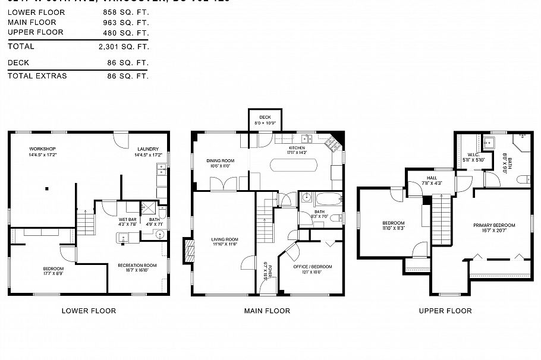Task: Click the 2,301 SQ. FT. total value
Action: point(124,46)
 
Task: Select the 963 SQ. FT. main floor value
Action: point(128,22)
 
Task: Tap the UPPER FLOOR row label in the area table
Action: point(35,32)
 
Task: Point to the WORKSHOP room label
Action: point(42,149)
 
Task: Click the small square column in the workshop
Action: point(46,189)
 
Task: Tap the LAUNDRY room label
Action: point(148,149)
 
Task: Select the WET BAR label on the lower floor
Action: point(128,219)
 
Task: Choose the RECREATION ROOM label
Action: point(137,265)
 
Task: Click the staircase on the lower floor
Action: point(87,225)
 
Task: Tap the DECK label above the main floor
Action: point(265,117)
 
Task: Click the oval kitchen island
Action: point(294,165)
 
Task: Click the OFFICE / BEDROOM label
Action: point(313,266)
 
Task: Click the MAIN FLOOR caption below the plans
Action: point(267,311)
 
